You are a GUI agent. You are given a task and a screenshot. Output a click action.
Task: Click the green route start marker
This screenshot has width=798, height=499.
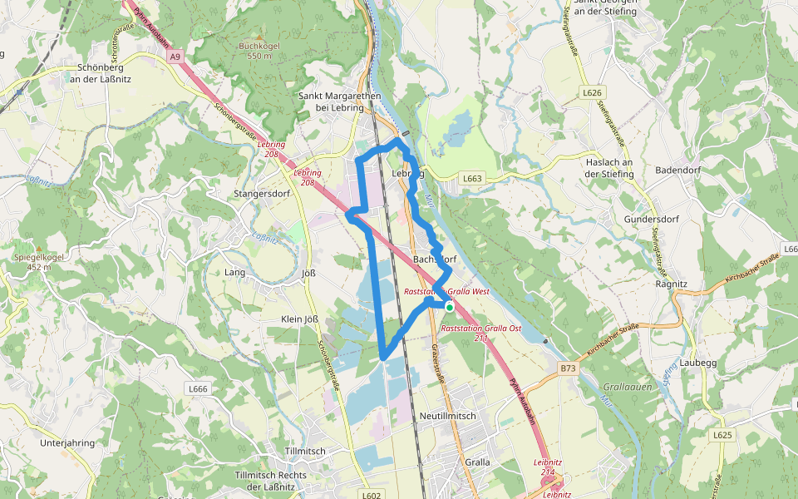pyautogui.click(x=450, y=307)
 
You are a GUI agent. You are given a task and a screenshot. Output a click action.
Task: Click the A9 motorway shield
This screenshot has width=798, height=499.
pyautogui.click(x=174, y=57)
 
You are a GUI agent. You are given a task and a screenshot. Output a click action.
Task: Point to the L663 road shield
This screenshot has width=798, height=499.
pyautogui.click(x=472, y=178)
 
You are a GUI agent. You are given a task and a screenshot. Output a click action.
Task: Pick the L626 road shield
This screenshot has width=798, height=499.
pyautogui.click(x=593, y=92)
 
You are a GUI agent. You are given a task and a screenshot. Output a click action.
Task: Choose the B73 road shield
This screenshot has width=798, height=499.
pyautogui.click(x=568, y=367)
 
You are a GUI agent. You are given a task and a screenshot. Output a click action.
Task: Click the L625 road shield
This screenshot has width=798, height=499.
pyautogui.click(x=721, y=435)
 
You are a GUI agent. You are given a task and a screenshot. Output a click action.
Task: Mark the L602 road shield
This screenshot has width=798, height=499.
pyautogui.click(x=371, y=494)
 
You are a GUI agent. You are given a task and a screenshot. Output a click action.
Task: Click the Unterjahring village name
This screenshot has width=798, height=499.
pyautogui.click(x=67, y=443)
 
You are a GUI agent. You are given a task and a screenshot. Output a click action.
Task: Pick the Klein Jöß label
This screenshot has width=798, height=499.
pyautogui.click(x=301, y=319)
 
